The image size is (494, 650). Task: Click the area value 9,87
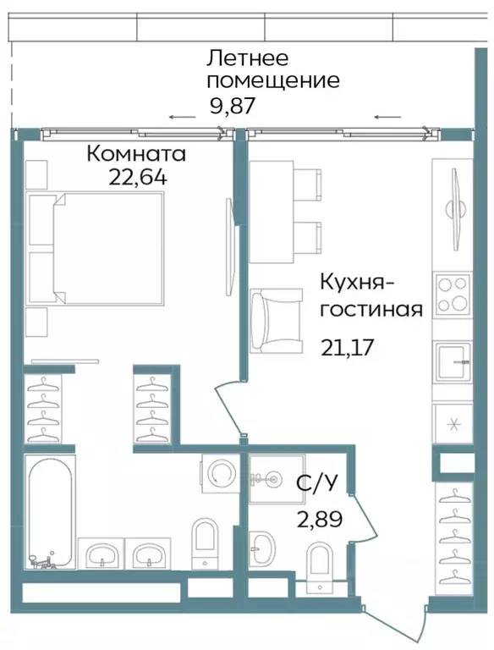(232, 106)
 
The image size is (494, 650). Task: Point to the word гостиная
(370, 308)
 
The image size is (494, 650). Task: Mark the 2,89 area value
(318, 519)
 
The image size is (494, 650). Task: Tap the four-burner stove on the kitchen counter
(453, 295)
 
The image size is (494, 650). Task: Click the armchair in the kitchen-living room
(277, 320)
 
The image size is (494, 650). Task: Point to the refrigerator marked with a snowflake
(454, 423)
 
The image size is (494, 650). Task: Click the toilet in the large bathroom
(205, 542)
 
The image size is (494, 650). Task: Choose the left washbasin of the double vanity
(102, 555)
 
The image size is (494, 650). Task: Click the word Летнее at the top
(248, 58)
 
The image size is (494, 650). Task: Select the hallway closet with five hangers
(454, 537)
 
